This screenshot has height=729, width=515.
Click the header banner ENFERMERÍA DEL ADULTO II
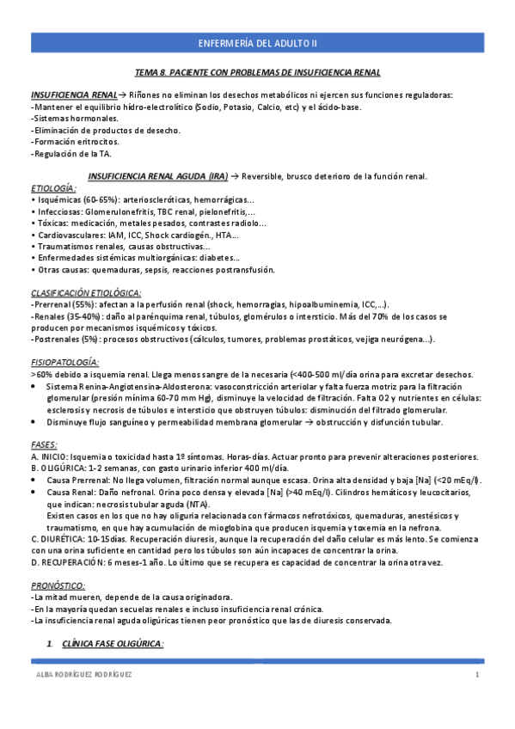pos(257,41)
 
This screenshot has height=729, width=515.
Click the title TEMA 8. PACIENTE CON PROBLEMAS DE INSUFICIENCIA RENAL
pos(258,73)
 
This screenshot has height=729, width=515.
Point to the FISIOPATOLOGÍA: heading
pos(64,363)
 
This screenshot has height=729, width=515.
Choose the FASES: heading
pos(44,444)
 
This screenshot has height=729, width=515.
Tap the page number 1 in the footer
pos(477,676)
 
